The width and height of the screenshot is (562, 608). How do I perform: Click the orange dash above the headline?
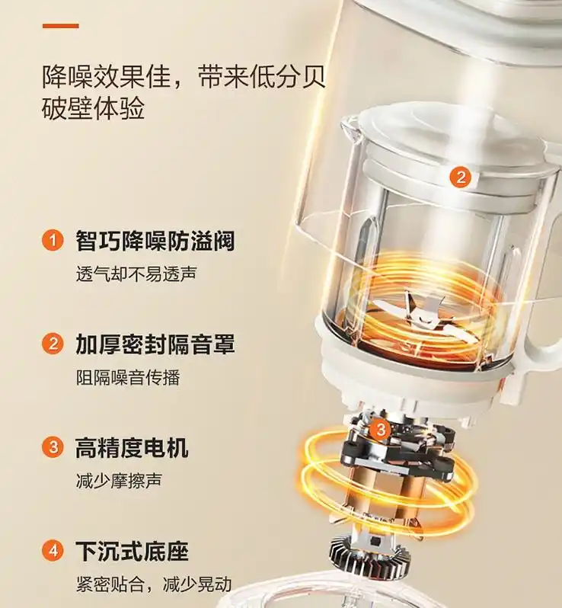pyautogui.click(x=60, y=26)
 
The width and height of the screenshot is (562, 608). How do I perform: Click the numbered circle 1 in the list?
pyautogui.click(x=52, y=242)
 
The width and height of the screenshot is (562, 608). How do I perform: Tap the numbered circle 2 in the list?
pyautogui.click(x=52, y=344)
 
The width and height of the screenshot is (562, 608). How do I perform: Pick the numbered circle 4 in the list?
pyautogui.click(x=52, y=550)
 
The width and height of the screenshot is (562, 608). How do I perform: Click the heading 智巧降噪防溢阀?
pyautogui.click(x=155, y=242)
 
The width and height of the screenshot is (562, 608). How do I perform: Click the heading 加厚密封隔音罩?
pyautogui.click(x=155, y=344)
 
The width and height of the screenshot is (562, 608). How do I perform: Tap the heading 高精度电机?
pyautogui.click(x=132, y=447)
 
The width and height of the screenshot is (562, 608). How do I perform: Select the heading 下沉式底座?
pyautogui.click(x=132, y=550)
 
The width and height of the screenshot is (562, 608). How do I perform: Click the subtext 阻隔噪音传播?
pyautogui.click(x=127, y=376)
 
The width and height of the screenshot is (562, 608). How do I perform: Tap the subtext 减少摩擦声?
pyautogui.click(x=118, y=481)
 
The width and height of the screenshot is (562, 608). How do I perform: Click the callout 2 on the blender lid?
pyautogui.click(x=460, y=178)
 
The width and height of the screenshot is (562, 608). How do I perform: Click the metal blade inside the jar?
pyautogui.click(x=412, y=309)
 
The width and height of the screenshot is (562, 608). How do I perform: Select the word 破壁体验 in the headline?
pyautogui.click(x=93, y=109)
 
